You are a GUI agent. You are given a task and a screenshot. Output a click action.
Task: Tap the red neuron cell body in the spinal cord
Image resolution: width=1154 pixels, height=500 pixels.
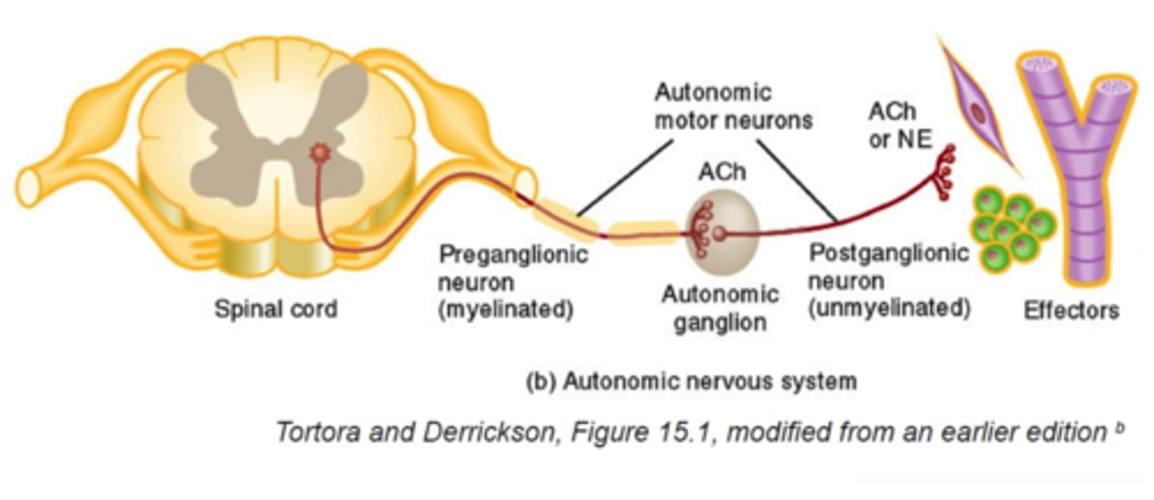click(321, 152)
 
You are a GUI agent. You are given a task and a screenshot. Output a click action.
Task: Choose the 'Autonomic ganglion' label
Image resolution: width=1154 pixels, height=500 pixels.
click(720, 308)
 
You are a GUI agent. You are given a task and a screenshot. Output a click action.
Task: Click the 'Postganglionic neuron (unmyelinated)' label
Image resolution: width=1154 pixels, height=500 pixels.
click(889, 281)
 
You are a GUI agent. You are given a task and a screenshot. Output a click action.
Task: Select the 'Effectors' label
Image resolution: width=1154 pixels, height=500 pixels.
click(1071, 311)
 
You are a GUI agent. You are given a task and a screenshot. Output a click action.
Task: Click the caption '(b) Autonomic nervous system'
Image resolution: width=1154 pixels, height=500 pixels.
click(691, 381)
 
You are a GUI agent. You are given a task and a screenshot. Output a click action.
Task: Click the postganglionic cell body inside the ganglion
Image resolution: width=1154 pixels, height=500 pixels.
click(719, 234)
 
